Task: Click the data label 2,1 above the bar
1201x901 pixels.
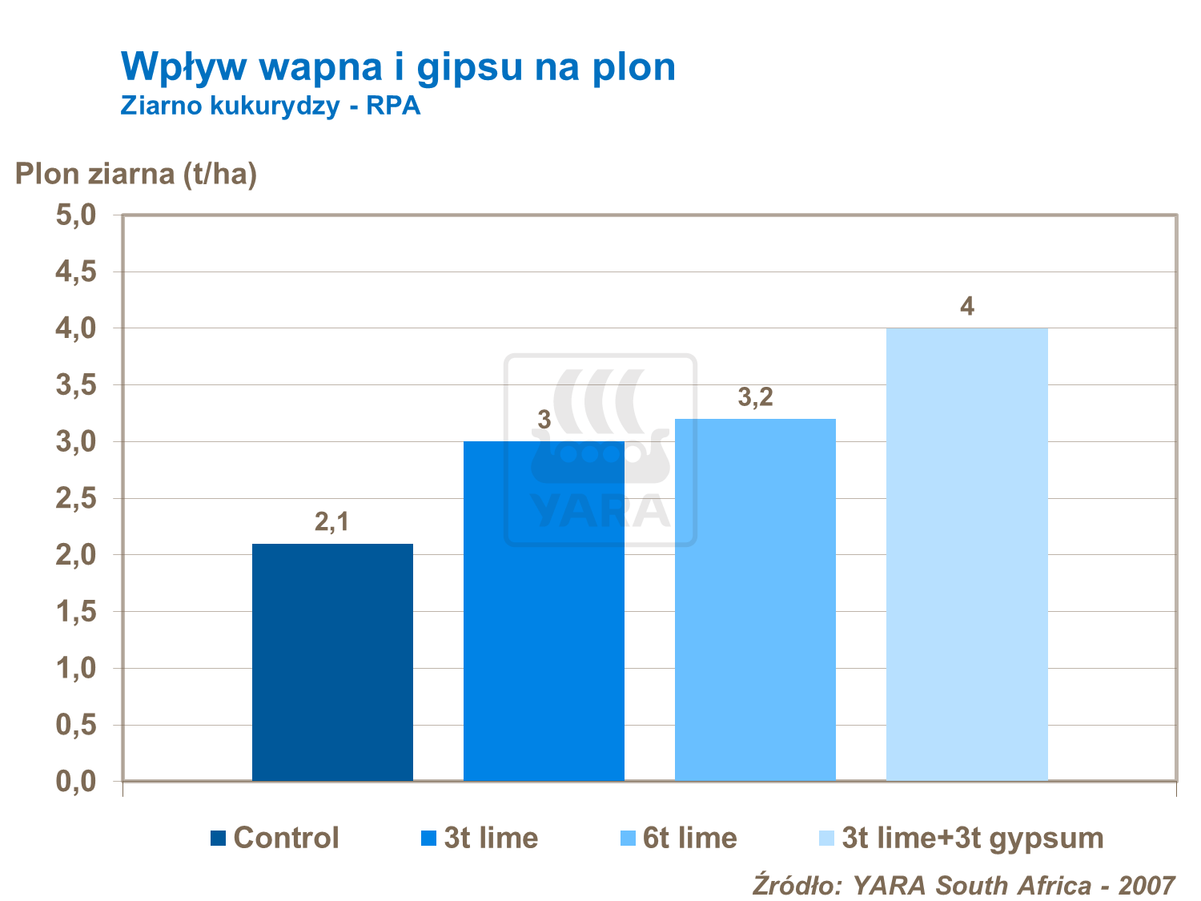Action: [331, 522]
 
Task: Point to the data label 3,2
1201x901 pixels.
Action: [755, 397]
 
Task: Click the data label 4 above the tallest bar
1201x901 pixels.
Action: [967, 307]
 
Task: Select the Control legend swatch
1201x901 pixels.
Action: [218, 839]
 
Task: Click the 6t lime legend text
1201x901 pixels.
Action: [689, 838]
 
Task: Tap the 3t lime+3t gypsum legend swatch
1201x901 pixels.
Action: [826, 839]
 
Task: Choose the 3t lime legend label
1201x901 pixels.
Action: [491, 838]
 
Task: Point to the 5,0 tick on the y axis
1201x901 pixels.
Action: [75, 215]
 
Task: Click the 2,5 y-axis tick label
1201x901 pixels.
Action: [75, 499]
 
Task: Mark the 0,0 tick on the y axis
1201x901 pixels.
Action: [75, 782]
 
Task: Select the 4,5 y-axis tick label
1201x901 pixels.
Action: [75, 272]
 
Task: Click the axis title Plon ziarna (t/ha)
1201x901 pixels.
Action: [136, 174]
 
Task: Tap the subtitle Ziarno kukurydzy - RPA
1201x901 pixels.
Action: [271, 106]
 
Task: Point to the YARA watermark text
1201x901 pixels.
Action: [600, 511]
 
